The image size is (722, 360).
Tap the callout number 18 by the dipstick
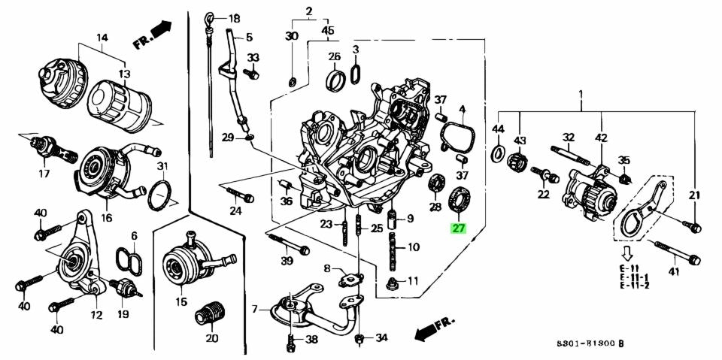(x=235, y=18)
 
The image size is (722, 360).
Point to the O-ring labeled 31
(x=159, y=195)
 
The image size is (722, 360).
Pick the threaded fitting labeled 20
(x=211, y=313)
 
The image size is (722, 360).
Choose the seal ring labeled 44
(x=497, y=154)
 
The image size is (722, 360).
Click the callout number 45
(x=328, y=30)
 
